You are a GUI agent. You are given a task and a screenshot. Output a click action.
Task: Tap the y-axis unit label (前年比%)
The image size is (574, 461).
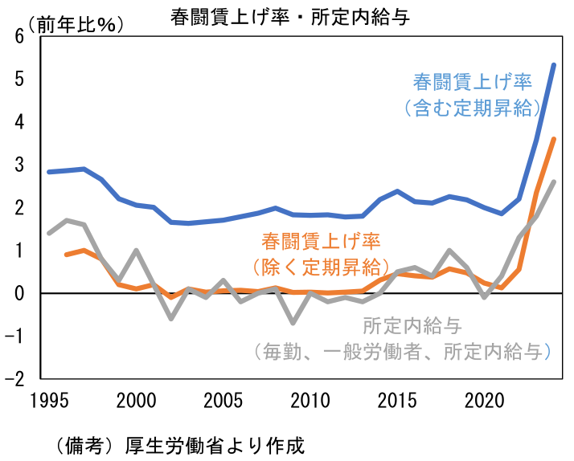coord(72,24)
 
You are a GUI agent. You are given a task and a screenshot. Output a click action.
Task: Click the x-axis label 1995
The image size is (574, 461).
coord(49,400)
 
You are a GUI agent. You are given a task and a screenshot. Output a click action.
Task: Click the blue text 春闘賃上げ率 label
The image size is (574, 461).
coord(473,82)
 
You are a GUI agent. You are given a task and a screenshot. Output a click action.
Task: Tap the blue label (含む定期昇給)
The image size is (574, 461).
coord(473,108)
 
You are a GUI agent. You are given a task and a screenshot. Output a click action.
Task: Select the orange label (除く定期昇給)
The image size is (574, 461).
coord(322,265)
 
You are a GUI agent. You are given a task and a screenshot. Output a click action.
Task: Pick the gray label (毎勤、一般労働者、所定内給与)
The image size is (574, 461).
coord(400,351)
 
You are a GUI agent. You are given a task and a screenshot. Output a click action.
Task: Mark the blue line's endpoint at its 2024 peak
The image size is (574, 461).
coord(554,65)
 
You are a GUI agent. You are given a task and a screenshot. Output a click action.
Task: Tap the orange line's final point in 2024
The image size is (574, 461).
coord(554,140)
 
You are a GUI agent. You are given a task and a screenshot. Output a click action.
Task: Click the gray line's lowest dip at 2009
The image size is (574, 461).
coord(294,323)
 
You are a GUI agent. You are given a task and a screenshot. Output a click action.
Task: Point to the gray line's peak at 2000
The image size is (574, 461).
coord(137,251)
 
